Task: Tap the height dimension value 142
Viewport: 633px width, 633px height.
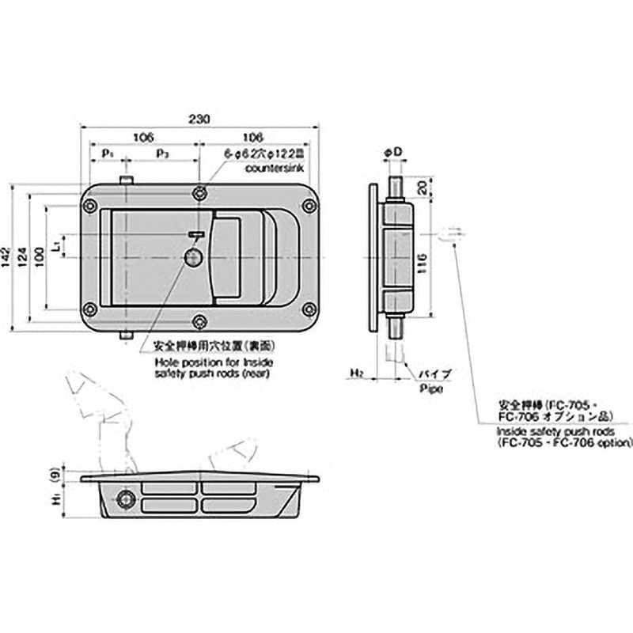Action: tap(7, 257)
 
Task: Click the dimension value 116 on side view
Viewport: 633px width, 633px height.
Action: tap(426, 260)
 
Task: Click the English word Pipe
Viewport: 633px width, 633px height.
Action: tap(430, 389)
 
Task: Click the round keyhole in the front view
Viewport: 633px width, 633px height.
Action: tap(192, 257)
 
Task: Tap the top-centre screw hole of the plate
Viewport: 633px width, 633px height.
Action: tap(201, 191)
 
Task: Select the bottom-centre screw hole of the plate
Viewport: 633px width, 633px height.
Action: tap(201, 321)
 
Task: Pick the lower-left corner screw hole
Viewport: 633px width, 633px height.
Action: tap(90, 309)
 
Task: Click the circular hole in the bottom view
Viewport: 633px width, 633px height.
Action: tap(124, 498)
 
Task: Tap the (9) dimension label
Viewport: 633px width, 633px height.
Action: tap(54, 476)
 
